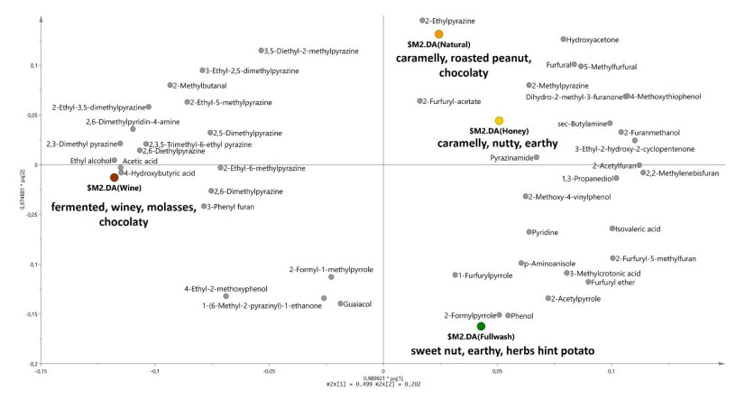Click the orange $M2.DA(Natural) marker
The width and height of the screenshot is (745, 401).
[x=439, y=34]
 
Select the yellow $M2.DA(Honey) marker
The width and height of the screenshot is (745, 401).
[x=499, y=120]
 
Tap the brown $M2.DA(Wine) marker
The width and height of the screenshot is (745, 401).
[x=115, y=178]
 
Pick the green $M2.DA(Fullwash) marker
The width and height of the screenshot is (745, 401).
[x=481, y=326]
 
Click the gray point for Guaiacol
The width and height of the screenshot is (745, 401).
[x=341, y=303]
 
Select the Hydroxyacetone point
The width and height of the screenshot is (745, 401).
[x=564, y=40]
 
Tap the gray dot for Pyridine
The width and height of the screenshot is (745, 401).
[x=529, y=232]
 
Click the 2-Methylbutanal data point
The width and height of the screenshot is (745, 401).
[x=170, y=85]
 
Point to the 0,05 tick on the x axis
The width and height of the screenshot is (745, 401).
[x=498, y=370]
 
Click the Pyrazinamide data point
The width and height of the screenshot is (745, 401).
[x=537, y=157]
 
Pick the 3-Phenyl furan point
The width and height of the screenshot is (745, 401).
[x=204, y=206]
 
